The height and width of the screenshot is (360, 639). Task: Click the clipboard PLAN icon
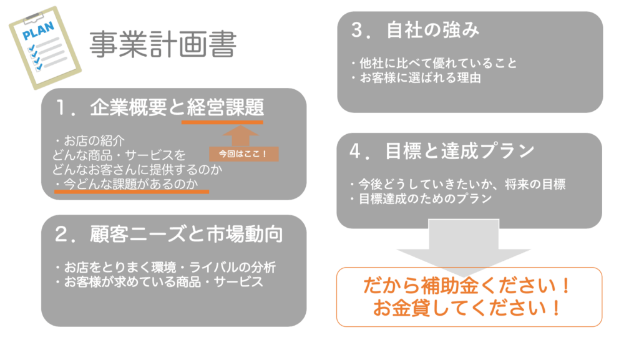click(45, 47)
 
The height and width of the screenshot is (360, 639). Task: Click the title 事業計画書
click(163, 44)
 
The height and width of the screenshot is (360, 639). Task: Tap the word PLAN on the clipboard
click(38, 31)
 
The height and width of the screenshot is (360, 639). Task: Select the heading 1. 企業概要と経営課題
click(160, 107)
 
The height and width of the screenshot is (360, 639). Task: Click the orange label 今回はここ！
click(244, 154)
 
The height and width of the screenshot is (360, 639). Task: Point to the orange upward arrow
click(240, 135)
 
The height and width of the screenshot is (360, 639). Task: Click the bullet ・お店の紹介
click(90, 141)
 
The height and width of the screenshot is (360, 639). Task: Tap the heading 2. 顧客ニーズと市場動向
click(168, 235)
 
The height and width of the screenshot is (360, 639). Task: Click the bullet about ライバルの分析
click(165, 267)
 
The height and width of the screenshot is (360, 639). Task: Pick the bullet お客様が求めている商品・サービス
click(159, 282)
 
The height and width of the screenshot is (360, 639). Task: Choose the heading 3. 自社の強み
click(415, 30)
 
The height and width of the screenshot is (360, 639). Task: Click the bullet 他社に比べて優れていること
click(434, 63)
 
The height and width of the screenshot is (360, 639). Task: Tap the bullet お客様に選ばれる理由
click(416, 78)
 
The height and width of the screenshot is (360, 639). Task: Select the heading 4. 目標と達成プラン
click(442, 151)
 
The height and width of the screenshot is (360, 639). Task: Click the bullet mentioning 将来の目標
click(457, 185)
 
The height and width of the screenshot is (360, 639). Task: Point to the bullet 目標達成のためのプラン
click(421, 199)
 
